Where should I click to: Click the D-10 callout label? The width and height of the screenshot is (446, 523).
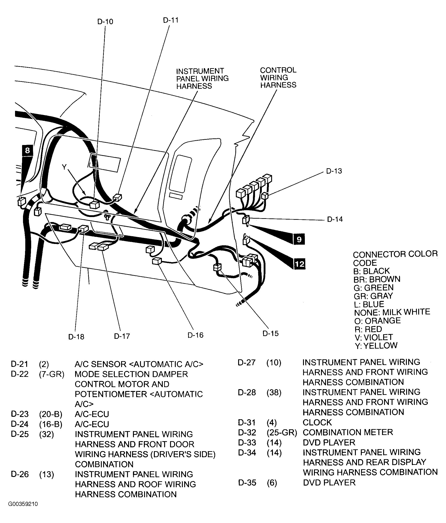105,22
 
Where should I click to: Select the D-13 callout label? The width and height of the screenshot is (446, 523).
334,171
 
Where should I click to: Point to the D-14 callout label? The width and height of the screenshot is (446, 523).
335,219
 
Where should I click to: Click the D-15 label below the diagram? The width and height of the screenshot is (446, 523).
270,334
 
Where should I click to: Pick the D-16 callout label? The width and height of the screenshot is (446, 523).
195,335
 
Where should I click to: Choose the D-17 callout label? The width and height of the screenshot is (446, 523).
122,336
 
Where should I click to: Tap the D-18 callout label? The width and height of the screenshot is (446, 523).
76,337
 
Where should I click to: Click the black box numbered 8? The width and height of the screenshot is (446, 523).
28,151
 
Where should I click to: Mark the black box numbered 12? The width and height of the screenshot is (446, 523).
300,264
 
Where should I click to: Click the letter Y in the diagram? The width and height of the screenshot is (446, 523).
64,167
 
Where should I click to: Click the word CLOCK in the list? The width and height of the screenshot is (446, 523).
317,422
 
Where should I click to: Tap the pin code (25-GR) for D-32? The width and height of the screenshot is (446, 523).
282,432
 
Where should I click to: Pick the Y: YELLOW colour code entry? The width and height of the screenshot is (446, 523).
376,346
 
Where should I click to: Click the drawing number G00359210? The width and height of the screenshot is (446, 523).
23,511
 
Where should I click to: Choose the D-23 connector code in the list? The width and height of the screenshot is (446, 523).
19,414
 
